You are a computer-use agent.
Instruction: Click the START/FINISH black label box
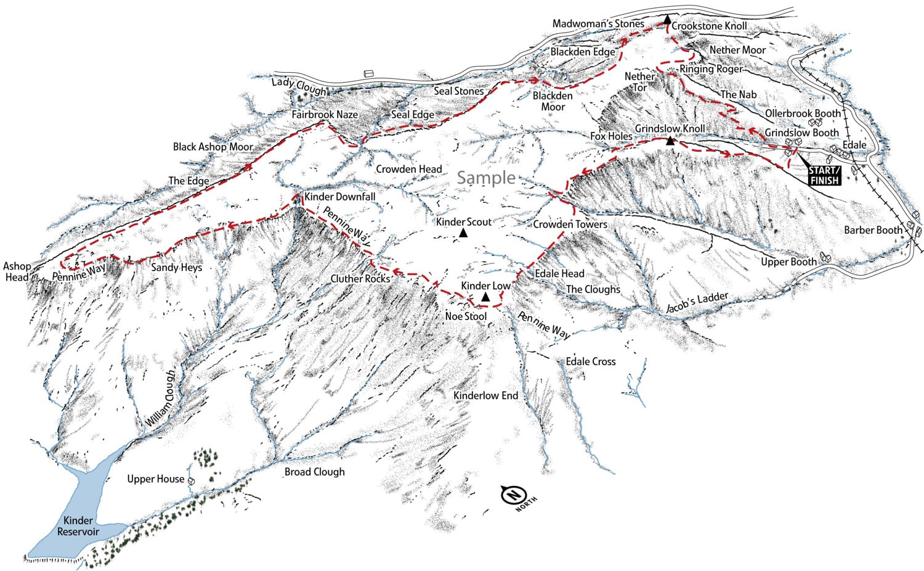pos(824,175)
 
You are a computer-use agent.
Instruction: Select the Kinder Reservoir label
pos(78,526)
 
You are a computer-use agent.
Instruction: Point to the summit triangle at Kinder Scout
pos(463,233)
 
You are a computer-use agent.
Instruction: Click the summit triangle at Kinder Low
pos(485,297)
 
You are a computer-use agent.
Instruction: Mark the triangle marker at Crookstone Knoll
pos(667,20)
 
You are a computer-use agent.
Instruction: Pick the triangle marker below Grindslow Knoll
pos(670,141)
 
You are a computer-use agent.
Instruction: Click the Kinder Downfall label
pos(339,197)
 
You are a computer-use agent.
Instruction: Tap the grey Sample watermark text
pos(486,178)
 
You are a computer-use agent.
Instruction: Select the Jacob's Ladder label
pos(697,303)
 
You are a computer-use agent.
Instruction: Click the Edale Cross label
pos(590,361)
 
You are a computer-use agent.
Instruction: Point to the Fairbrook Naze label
pos(325,115)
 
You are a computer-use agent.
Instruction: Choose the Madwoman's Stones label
pos(598,23)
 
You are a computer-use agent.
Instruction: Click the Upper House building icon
pos(192,480)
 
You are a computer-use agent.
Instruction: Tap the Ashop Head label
pos(17,271)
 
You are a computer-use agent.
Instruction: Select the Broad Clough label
pos(314,472)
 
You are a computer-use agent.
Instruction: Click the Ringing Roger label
pos(711,69)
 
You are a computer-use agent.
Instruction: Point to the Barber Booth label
pos(872,230)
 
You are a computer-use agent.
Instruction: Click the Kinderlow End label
pos(485,395)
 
